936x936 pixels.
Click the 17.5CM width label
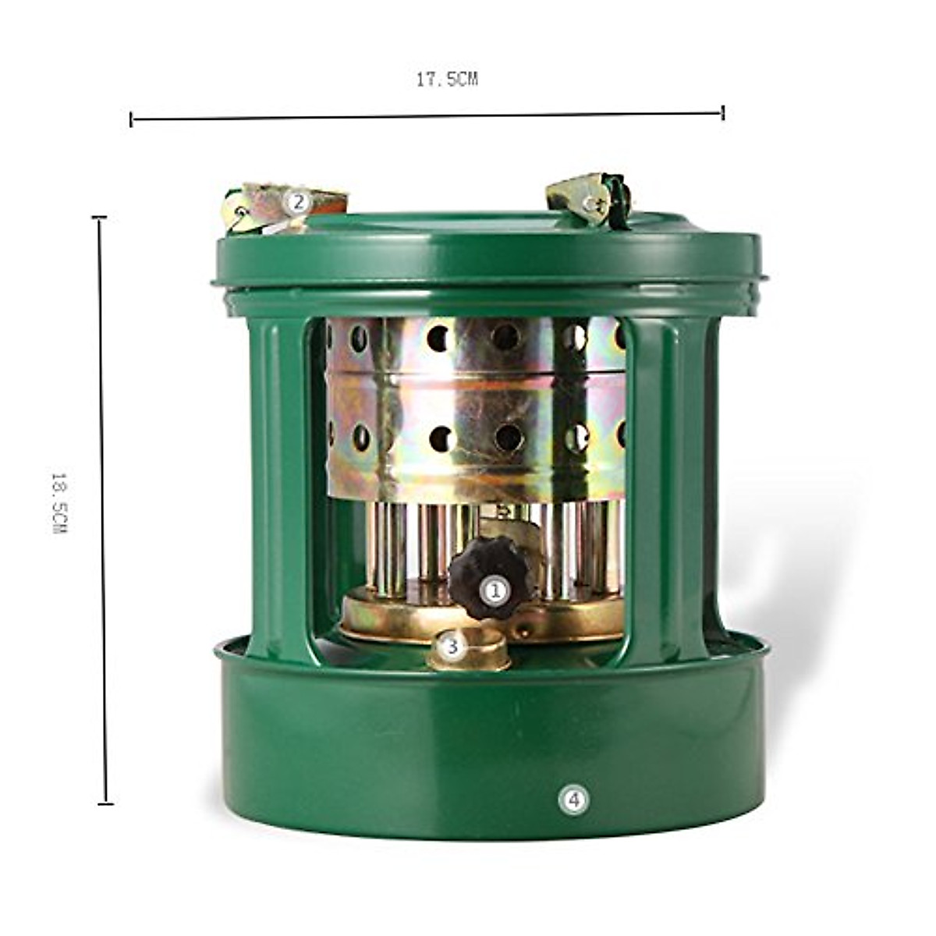(x=446, y=80)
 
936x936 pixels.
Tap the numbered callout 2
(x=297, y=202)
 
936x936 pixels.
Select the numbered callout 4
(x=573, y=799)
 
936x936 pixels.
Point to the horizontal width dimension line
(x=427, y=116)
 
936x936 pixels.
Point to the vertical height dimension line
(x=103, y=510)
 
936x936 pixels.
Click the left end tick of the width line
(x=132, y=119)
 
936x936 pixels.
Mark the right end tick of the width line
(x=723, y=112)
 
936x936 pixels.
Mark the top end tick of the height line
(x=99, y=218)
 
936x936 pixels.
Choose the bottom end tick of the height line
(x=105, y=803)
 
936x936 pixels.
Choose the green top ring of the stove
(x=487, y=253)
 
